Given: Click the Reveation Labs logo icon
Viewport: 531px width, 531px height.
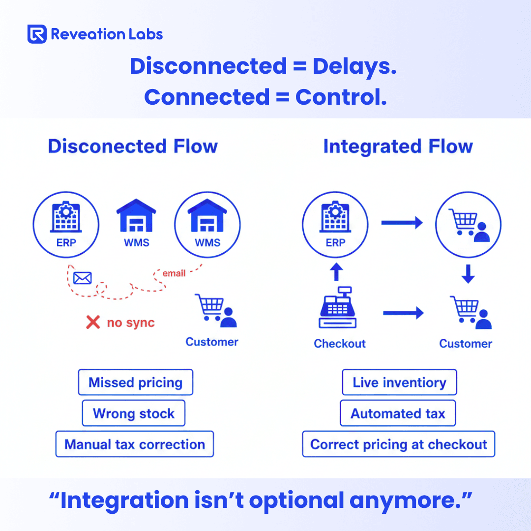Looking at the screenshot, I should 37,34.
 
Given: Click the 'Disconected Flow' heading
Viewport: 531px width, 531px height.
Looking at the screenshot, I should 133,147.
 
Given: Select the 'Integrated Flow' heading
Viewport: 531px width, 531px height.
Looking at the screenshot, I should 398,147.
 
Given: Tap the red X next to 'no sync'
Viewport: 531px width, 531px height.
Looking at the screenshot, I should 93,323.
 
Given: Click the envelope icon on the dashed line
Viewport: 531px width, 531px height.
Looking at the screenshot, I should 82,278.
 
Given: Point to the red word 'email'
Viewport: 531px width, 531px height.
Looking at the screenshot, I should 174,273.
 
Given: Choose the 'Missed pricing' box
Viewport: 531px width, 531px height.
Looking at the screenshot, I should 135,383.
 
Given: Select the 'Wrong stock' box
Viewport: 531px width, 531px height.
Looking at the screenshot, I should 133,413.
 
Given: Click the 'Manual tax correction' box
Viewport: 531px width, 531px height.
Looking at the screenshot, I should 135,444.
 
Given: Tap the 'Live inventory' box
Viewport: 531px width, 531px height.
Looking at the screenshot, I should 399,383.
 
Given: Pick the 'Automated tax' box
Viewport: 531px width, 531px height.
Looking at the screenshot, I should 398,413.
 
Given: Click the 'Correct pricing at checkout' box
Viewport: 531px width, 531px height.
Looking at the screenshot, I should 399,444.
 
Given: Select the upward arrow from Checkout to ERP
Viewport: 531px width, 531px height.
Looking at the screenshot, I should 335,271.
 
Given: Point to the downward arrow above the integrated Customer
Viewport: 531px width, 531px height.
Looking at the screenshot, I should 468,274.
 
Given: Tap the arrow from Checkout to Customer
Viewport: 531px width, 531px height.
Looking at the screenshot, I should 403,313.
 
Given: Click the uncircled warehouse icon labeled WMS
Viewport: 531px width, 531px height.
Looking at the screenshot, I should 136,216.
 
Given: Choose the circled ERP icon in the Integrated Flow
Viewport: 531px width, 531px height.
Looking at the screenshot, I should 335,224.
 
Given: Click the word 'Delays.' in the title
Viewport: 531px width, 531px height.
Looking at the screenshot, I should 354,66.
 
